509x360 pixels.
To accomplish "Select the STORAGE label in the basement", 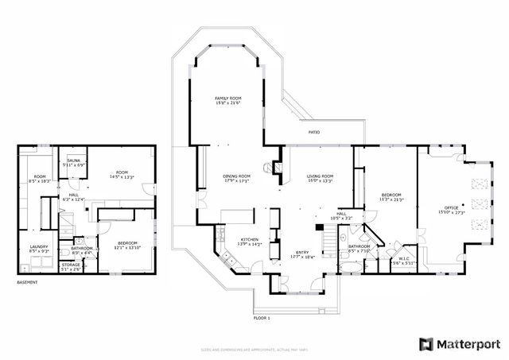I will coord(71,266).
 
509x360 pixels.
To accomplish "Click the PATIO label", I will coord(314,132).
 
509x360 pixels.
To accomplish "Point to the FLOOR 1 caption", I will coord(262,318).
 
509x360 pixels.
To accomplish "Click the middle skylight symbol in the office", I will coord(479,202).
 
